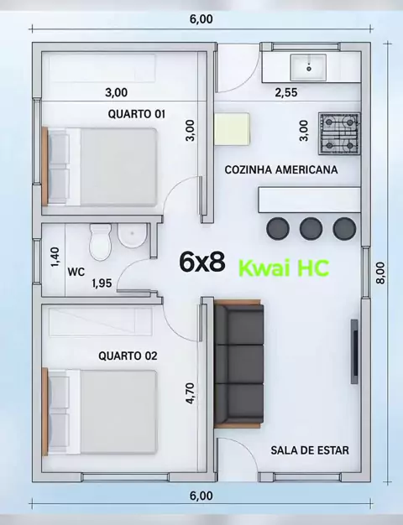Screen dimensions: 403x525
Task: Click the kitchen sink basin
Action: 308,67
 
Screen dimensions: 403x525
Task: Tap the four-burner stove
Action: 339,133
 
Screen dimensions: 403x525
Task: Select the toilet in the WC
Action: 100,242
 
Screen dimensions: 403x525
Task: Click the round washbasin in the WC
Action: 133,236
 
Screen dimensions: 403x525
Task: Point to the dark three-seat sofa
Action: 238,364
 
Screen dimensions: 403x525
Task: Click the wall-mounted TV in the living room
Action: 354,351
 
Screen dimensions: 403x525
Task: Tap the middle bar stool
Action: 311,228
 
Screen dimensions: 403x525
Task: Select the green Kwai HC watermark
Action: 284,268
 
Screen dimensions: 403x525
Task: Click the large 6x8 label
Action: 202,262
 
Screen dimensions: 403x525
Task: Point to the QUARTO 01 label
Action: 137,114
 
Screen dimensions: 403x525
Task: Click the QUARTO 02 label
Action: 128,356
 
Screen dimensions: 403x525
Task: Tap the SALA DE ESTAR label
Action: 310,450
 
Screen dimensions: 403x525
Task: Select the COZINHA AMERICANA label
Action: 281,169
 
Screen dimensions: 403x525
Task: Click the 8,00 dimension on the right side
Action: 380,273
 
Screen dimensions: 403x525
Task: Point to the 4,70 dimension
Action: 190,393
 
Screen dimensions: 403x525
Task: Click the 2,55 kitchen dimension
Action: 286,92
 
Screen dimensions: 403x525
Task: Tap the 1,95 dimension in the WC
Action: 102,283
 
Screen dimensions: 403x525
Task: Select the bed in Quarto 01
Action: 100,167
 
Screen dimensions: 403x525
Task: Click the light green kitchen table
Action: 232,129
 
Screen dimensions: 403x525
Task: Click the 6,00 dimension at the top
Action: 201,19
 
